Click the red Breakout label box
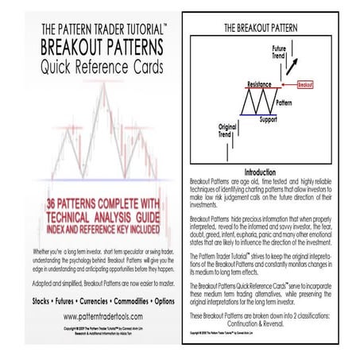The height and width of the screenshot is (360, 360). pyautogui.click(x=304, y=82)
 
